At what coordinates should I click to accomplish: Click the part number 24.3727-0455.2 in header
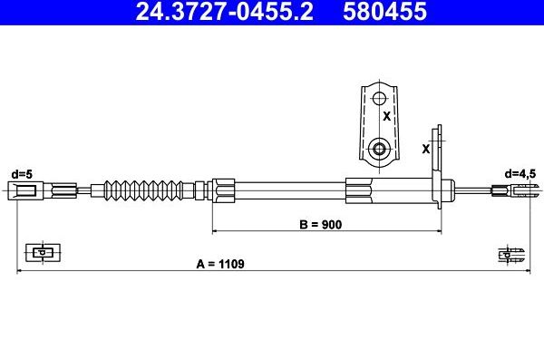pyautogui.click(x=224, y=11)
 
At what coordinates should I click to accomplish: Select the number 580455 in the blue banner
pyautogui.click(x=384, y=11)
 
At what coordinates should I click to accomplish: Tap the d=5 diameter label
pyautogui.click(x=22, y=174)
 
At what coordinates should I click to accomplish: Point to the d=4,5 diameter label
pyautogui.click(x=520, y=173)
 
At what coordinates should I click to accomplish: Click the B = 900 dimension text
pyautogui.click(x=321, y=225)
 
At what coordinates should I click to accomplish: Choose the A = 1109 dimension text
pyautogui.click(x=220, y=264)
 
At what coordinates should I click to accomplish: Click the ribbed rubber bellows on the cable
pyautogui.click(x=143, y=190)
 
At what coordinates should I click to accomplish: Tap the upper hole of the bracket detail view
pyautogui.click(x=379, y=99)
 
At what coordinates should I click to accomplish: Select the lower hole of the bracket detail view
pyautogui.click(x=379, y=150)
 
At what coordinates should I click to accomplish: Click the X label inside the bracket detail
pyautogui.click(x=387, y=116)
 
